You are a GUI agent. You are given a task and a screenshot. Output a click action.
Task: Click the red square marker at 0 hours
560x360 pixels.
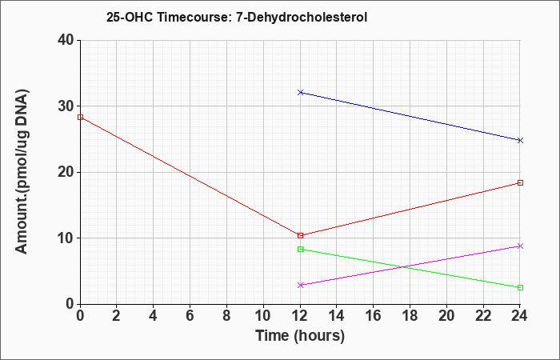coord(80,117)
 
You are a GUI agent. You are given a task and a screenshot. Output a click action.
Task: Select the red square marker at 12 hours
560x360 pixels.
coord(300,236)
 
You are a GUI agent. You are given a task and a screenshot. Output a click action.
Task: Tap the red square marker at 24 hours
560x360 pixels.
coord(520,183)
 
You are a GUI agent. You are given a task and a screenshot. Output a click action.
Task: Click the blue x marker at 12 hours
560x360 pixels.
coord(300,93)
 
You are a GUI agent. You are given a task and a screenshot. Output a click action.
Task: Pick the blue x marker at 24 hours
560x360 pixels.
coord(520,140)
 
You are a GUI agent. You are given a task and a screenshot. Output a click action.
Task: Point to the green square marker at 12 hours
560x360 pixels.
coord(300,250)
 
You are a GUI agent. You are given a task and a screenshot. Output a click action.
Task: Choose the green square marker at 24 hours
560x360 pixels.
coord(520,287)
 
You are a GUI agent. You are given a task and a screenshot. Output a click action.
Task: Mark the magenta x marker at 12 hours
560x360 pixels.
coord(300,285)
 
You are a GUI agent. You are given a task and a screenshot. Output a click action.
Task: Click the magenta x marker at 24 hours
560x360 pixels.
coord(520,246)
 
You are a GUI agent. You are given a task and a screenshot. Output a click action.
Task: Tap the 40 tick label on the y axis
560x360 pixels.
coord(66,40)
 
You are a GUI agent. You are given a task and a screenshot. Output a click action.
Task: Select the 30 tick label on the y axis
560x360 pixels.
coord(66,106)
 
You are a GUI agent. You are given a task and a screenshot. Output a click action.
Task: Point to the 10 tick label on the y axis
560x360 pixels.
coord(66,238)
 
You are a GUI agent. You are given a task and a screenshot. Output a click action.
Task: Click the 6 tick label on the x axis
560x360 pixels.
coord(190,316)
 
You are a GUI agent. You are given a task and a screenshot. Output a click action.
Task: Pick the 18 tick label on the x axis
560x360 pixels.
coord(410,316)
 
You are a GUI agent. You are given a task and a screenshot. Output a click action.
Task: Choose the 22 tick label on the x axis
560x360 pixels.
coord(483,316)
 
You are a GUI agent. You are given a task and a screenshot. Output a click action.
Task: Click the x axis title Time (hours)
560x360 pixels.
coord(300,336)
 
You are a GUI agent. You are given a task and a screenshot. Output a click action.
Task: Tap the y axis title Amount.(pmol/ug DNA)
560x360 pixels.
coord(22,172)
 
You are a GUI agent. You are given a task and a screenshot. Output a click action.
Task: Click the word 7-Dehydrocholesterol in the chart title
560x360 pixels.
coord(302,17)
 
